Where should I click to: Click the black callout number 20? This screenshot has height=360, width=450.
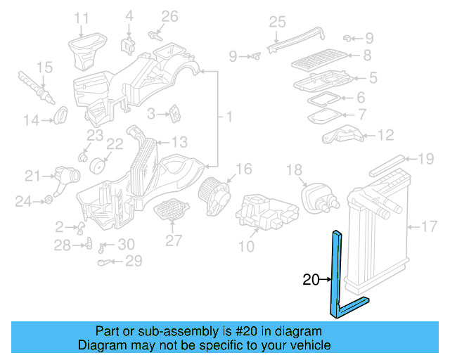[310, 280]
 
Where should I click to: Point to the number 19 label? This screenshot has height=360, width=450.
[426, 160]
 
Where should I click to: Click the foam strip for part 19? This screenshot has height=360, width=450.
[386, 166]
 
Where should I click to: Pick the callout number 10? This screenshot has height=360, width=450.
[246, 246]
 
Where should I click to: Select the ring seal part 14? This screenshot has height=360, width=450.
[61, 112]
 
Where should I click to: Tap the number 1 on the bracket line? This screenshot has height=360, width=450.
[229, 115]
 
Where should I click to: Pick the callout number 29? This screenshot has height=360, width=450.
[133, 261]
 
